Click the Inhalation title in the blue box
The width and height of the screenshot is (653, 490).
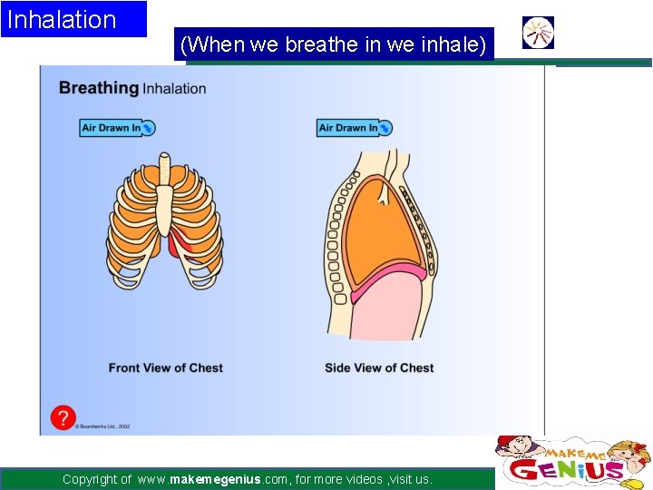[62, 20]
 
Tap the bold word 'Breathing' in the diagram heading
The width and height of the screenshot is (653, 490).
[98, 88]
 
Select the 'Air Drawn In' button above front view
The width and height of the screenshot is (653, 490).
[117, 128]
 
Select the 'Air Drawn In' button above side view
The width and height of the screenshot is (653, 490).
[355, 128]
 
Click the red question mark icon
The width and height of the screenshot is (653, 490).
[63, 417]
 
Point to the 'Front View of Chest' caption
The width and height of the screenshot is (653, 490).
[165, 367]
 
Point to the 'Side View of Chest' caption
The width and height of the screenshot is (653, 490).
[379, 367]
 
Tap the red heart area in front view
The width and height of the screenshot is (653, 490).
[180, 244]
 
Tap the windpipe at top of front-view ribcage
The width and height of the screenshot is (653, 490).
[164, 167]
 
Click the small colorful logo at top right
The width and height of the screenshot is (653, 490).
[539, 33]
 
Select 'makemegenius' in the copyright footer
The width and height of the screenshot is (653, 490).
[218, 479]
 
